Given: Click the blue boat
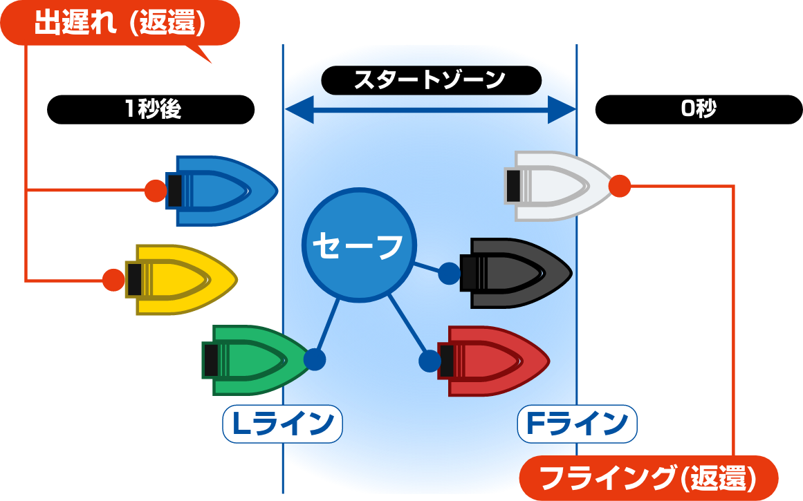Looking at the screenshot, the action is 222,191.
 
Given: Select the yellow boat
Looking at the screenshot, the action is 182,279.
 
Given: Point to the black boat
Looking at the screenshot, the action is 516,273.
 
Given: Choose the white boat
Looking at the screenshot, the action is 560,187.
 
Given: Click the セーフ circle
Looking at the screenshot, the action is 359,245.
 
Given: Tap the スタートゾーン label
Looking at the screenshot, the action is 431,80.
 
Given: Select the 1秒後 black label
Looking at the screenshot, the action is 151,109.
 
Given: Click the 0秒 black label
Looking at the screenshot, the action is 699,109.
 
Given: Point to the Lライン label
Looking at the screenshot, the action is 282,424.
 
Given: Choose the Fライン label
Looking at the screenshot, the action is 577,424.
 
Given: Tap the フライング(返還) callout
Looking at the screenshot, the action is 649,478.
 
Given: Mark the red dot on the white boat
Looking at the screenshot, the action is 620,186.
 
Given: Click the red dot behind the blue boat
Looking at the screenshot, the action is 156,191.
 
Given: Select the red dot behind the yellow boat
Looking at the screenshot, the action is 113,280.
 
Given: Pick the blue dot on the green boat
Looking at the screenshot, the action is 315,359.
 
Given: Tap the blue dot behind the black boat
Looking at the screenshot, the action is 449,273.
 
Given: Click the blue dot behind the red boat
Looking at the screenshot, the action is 430,361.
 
